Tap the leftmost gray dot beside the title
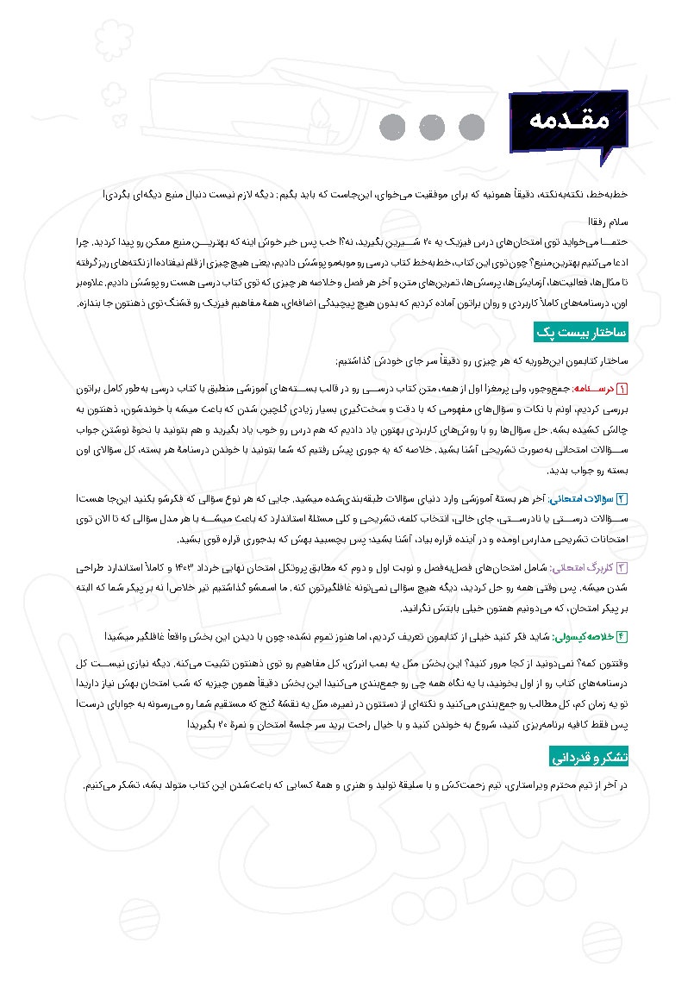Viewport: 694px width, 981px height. click(393, 127)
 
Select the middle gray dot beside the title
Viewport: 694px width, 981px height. click(432, 127)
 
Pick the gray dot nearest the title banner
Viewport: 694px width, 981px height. click(471, 127)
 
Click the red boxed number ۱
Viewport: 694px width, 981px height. click(622, 390)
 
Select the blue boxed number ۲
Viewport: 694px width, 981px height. click(622, 498)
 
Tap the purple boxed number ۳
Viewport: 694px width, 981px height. click(622, 568)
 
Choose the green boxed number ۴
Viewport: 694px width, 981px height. click(622, 636)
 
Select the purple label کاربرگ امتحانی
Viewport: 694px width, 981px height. click(586, 568)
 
